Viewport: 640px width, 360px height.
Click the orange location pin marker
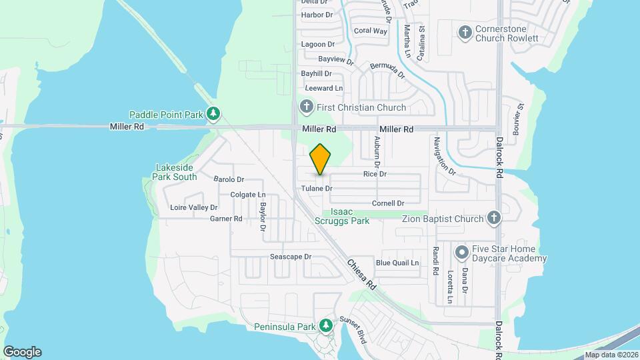tap(321, 159)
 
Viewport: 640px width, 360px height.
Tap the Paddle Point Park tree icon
tap(213, 114)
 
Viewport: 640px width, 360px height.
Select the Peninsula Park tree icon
tap(326, 326)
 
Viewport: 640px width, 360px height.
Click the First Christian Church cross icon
tap(306, 107)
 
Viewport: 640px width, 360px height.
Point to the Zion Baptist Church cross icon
tap(493, 218)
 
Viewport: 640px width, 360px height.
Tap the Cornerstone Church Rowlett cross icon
tap(465, 32)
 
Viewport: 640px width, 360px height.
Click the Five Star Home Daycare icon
tap(461, 253)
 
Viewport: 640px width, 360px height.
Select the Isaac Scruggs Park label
tap(350, 216)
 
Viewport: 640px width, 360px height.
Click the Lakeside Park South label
tap(176, 172)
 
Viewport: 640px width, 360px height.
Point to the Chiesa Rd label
tap(361, 274)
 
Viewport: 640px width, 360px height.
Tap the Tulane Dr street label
tap(316, 189)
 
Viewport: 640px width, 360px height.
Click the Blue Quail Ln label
tap(397, 263)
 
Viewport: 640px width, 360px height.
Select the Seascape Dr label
tap(291, 257)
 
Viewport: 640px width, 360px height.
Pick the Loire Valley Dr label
tap(194, 207)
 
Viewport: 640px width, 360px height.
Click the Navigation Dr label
tap(445, 156)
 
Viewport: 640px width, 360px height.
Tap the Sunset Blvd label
tap(353, 330)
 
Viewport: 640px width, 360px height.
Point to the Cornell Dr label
tap(388, 203)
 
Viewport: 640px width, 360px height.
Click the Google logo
tap(22, 352)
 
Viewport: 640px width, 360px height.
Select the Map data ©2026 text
tap(611, 355)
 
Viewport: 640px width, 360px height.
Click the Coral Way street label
tap(371, 31)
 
